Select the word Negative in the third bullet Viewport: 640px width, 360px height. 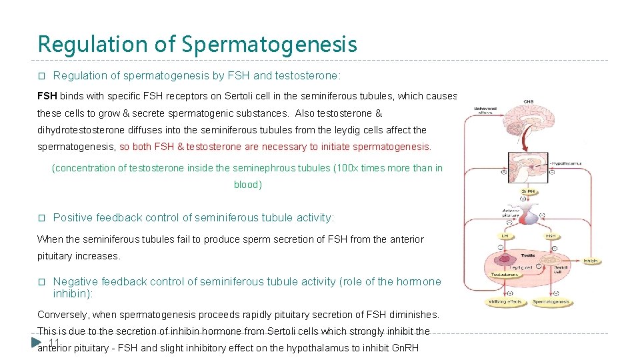[x=75, y=282]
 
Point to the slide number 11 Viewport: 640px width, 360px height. [x=55, y=343]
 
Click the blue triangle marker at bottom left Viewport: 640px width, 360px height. [x=37, y=343]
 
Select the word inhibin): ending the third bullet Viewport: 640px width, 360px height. [x=73, y=293]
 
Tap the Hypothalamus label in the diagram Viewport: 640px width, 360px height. [x=564, y=163]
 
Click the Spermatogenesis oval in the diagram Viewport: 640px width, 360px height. [x=551, y=302]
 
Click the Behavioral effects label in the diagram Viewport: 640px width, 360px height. [x=484, y=110]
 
